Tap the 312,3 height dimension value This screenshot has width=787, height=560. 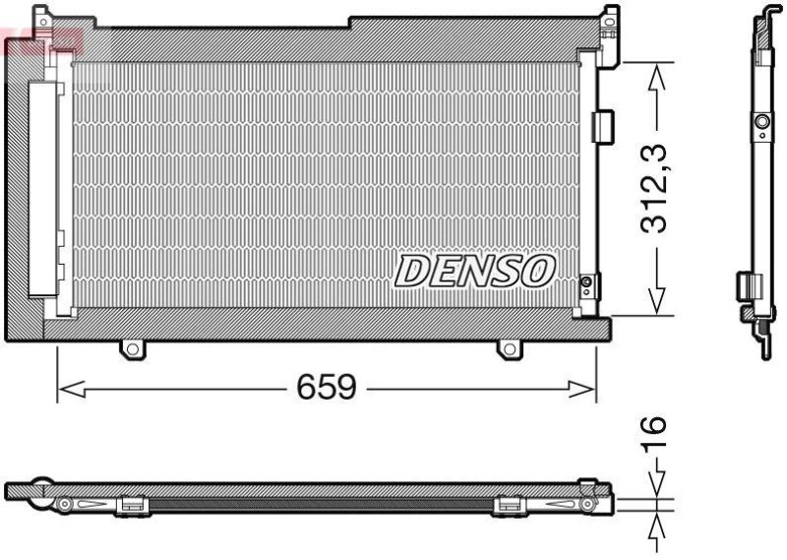point(656,187)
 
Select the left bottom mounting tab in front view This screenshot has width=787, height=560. point(131,348)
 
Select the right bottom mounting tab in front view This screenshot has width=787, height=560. point(508,348)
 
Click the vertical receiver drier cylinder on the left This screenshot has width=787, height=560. point(44,187)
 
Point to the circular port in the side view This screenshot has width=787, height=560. point(759,122)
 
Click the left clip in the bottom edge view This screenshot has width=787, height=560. point(131,504)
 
